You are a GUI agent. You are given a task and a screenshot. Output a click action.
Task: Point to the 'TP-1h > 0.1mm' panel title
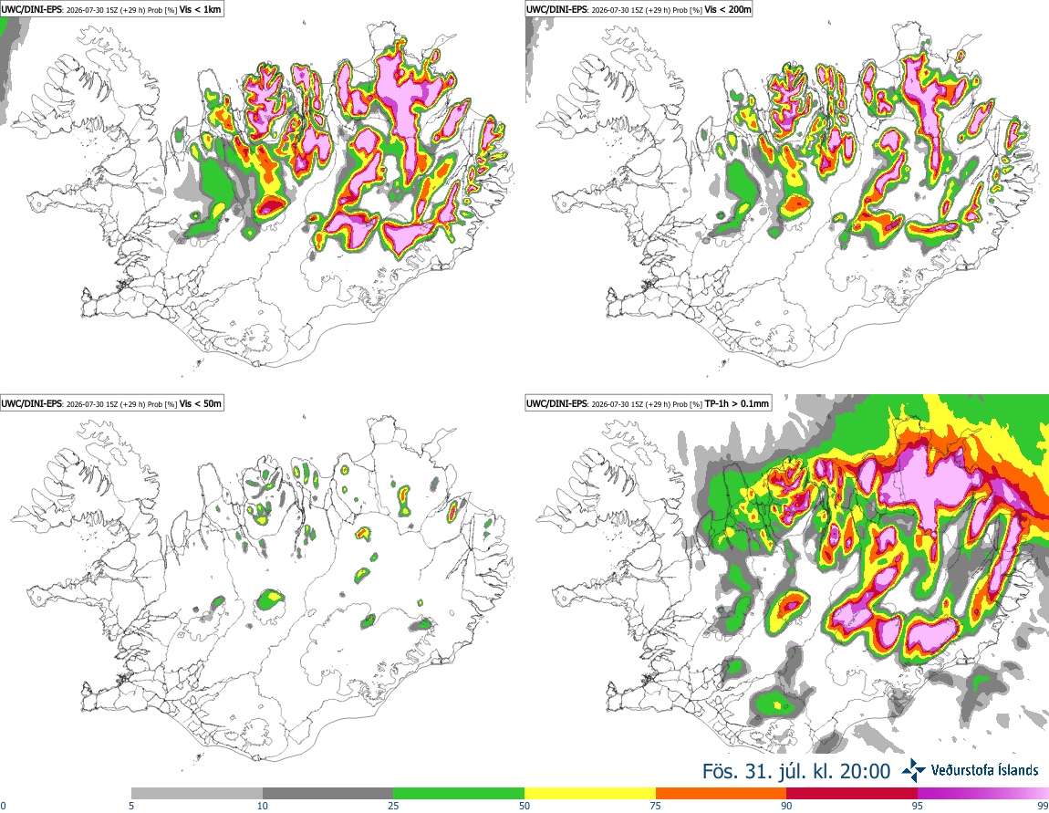click(736, 403)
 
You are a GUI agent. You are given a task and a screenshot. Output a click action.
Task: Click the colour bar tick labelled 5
click(131, 806)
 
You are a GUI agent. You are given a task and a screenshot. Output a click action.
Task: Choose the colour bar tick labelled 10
click(263, 806)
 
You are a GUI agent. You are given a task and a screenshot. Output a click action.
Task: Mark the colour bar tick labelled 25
click(393, 806)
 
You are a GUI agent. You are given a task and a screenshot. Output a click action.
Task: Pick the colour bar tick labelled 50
click(524, 806)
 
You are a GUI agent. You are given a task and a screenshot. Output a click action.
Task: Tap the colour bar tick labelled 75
click(656, 806)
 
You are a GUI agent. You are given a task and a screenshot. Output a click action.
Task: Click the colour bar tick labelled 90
click(786, 806)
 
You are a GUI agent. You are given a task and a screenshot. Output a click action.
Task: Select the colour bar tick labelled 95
click(918, 806)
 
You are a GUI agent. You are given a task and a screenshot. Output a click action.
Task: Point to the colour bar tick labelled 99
click(1044, 806)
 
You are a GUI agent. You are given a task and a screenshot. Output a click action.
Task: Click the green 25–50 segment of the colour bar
click(459, 794)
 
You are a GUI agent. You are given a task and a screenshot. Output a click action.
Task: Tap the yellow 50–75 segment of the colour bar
click(590, 794)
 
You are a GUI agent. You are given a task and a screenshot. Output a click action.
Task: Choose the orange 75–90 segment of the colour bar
click(722, 794)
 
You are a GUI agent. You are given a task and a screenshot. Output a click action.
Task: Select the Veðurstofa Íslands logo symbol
click(913, 771)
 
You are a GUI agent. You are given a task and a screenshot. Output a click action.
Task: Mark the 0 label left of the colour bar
click(3, 806)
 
